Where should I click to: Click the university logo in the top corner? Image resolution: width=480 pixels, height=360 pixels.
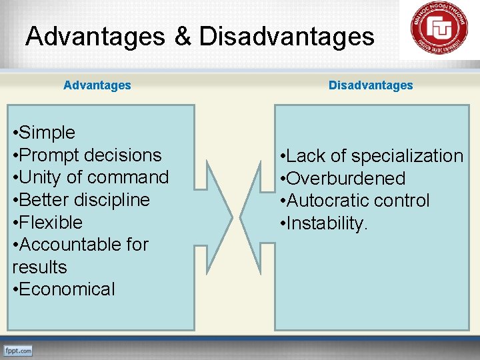(x=439, y=29)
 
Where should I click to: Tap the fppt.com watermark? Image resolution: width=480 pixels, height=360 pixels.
(x=18, y=350)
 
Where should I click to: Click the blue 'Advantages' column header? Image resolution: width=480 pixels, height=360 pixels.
(x=97, y=85)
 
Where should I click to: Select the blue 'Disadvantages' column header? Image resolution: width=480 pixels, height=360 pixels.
(x=371, y=85)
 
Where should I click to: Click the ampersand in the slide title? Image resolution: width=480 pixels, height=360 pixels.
(x=182, y=36)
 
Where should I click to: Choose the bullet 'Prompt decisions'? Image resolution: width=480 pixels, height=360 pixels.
(x=87, y=155)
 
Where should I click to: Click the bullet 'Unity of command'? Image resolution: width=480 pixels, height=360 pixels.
(x=91, y=177)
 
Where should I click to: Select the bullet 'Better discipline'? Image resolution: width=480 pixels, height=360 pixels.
(x=81, y=200)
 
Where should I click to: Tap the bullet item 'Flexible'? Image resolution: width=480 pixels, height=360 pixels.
(x=48, y=222)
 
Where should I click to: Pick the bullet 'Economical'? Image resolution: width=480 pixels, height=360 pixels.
(x=64, y=289)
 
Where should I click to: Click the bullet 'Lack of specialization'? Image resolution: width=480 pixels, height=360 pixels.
(x=371, y=156)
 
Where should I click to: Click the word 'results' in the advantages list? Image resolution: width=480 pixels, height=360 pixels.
(x=39, y=267)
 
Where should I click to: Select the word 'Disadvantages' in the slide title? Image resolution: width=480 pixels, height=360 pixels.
(x=287, y=36)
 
